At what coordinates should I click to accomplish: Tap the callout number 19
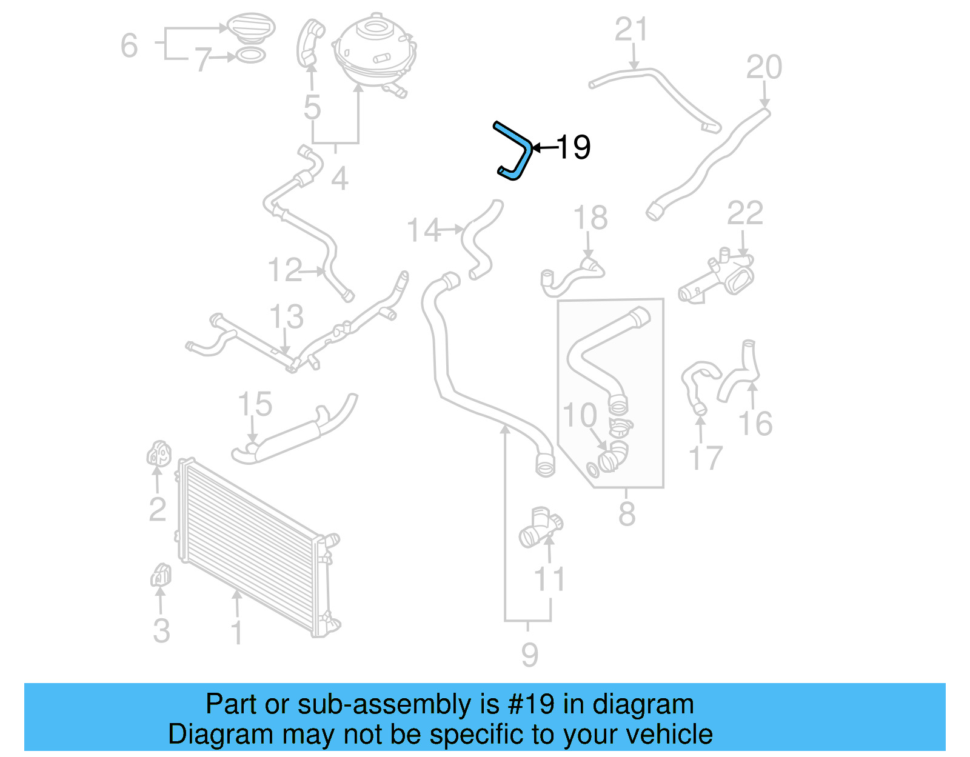click(572, 147)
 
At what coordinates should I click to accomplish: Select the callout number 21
click(631, 30)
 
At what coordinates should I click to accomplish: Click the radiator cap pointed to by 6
click(250, 27)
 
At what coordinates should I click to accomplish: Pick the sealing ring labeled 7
click(250, 56)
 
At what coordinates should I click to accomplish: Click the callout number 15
click(255, 404)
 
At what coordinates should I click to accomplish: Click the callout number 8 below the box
click(626, 514)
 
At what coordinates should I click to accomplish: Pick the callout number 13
click(286, 317)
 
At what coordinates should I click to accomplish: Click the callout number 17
click(706, 458)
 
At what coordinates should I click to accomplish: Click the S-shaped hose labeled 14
click(479, 239)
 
